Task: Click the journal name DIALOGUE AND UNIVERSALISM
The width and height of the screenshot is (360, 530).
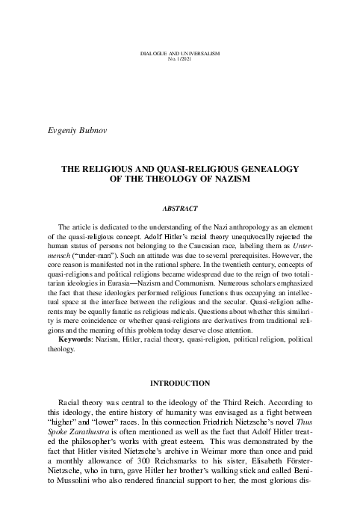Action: tap(180, 55)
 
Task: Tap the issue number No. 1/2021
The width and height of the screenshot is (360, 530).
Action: tap(180, 61)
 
